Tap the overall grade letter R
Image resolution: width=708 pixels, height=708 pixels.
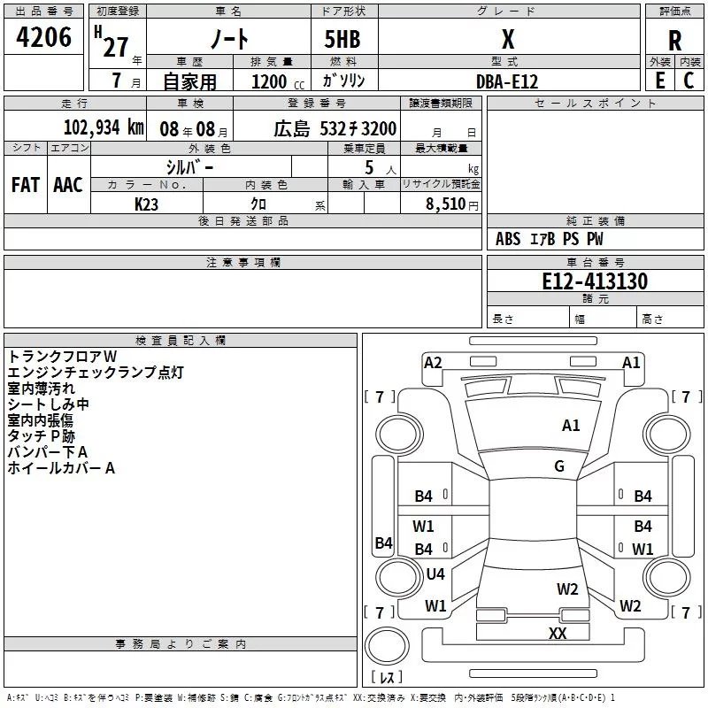click(675, 40)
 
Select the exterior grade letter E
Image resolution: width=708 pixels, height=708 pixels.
click(659, 80)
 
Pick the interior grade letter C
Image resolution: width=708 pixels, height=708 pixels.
click(689, 80)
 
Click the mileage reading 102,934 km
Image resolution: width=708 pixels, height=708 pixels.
click(104, 127)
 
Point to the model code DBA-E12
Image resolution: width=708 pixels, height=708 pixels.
click(507, 81)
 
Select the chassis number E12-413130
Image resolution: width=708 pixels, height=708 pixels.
click(594, 281)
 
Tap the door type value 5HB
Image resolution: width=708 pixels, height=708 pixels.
click(341, 40)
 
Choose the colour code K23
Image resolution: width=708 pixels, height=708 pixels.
click(146, 204)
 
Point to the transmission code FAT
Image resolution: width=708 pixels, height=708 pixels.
click(26, 185)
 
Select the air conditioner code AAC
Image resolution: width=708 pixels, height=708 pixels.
click(68, 185)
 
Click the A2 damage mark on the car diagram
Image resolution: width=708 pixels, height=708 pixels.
click(433, 362)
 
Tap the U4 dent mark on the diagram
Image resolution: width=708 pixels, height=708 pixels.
click(435, 574)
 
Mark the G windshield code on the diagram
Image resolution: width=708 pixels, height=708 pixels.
click(558, 466)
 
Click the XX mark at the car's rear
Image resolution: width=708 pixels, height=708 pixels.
click(558, 633)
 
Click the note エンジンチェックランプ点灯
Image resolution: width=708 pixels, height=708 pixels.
click(96, 372)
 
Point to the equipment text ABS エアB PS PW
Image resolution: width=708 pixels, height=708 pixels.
click(550, 239)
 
